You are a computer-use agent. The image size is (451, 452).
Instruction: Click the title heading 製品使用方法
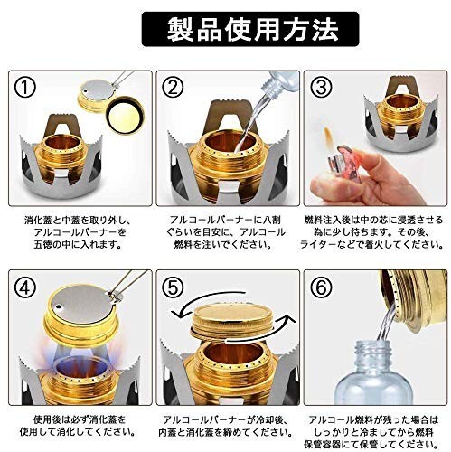tap(252, 29)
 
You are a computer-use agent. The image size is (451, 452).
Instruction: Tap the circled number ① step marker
tap(25, 88)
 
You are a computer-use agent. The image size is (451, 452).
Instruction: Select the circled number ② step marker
tap(173, 88)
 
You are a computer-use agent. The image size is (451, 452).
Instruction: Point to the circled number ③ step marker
tap(321, 88)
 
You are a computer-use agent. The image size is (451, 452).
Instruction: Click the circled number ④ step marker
tap(25, 287)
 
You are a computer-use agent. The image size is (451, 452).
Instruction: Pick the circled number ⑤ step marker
tap(173, 287)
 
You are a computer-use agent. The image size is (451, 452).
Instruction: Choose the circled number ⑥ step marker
tap(321, 287)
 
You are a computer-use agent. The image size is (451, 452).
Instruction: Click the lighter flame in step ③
tap(328, 137)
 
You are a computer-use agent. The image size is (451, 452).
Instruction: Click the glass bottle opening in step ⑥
tap(373, 346)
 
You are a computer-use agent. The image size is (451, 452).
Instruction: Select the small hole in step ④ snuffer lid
tap(59, 307)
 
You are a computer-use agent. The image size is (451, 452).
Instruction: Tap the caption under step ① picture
tap(78, 232)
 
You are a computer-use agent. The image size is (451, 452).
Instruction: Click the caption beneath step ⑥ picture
tap(373, 432)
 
